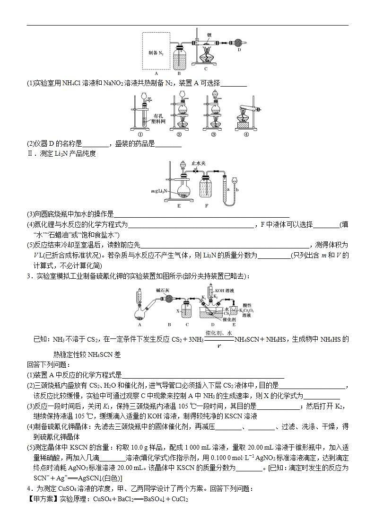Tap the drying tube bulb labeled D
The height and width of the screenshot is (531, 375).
pos(237,42)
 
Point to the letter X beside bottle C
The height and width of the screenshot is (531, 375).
pos(177,311)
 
